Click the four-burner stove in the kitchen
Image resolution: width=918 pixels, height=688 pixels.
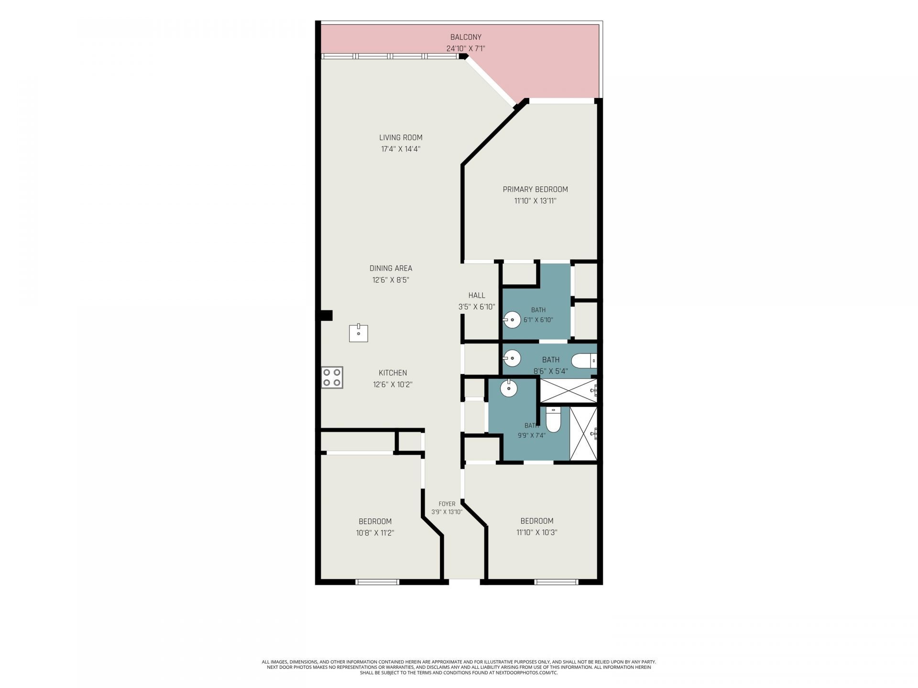332,377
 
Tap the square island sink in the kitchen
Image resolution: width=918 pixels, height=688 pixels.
358,333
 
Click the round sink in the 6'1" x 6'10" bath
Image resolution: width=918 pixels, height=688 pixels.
512,320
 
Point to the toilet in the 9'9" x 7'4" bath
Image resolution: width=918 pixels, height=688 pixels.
553,419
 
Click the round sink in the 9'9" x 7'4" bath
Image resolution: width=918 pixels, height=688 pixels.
509,387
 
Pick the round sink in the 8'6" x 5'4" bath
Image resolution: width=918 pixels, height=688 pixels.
512,357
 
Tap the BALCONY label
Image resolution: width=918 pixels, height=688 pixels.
466,37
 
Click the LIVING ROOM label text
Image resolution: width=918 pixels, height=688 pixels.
401,138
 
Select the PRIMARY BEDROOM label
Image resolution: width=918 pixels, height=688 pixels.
535,189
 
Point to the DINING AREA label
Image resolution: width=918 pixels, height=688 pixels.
391,269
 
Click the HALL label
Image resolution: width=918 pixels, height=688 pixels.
477,295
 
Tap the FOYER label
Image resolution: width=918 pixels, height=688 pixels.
447,504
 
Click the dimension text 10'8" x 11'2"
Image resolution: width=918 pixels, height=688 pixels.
375,533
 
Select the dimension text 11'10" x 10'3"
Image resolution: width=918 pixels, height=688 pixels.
536,532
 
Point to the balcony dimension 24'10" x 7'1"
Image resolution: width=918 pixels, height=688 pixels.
466,48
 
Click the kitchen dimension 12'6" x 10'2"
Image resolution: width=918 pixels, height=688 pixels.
393,384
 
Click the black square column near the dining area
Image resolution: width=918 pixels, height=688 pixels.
327,315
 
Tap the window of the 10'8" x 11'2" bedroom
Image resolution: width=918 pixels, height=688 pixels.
377,582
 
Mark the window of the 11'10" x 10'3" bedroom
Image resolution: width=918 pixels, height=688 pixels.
556,582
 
